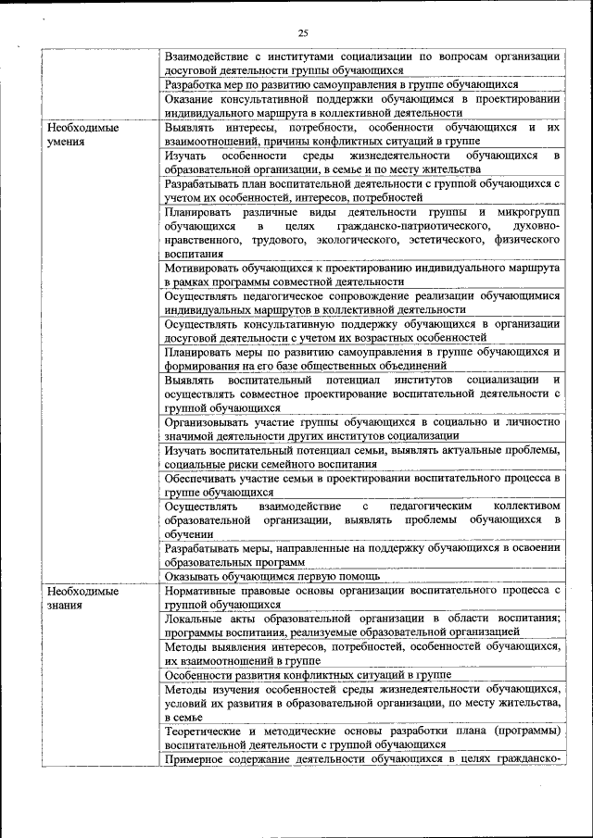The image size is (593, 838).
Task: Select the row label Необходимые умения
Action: tap(82, 135)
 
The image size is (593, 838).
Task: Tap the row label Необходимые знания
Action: tap(82, 597)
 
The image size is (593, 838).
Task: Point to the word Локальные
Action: tap(194, 618)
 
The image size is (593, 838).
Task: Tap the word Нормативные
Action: tap(206, 590)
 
